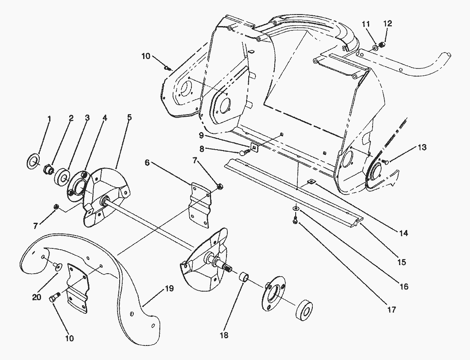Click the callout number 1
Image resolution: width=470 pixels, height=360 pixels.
(x=49, y=118)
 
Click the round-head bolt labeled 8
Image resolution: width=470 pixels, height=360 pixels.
(x=244, y=151)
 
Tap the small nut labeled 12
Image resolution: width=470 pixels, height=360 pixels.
(x=383, y=44)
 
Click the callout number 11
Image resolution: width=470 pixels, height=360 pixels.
(x=366, y=24)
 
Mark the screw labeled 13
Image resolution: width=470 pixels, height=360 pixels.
(x=385, y=162)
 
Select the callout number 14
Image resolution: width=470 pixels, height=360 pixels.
(x=404, y=233)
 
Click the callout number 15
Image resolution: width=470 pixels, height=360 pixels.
(x=401, y=261)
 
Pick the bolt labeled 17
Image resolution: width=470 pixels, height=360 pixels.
(x=295, y=220)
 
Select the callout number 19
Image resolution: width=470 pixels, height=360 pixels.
(x=169, y=289)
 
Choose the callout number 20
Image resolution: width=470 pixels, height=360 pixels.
(x=37, y=297)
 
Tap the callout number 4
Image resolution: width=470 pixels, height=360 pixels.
(x=104, y=117)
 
